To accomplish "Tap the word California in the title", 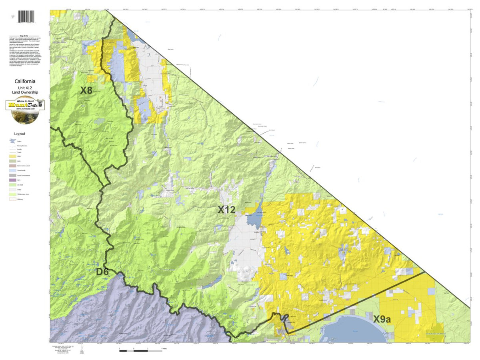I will [x=25, y=81].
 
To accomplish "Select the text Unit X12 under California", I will [x=25, y=87].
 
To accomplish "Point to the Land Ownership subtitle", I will [x=25, y=92].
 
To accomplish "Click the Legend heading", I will [x=19, y=134].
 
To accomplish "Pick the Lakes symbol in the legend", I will [x=13, y=141].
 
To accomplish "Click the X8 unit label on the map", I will [x=86, y=90].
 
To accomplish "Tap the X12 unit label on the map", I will [x=226, y=209].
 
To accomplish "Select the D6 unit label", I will [x=103, y=272].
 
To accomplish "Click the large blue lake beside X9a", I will [x=348, y=330].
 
